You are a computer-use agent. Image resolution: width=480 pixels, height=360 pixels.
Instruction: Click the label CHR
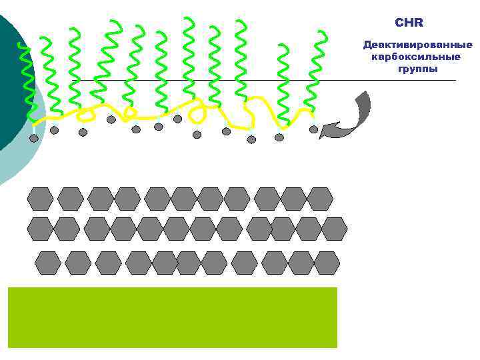[409, 23]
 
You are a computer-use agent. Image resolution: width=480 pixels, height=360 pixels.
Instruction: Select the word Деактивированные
[417, 45]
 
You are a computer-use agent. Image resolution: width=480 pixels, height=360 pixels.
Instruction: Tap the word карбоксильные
[416, 57]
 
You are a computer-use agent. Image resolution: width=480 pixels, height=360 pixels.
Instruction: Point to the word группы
[417, 69]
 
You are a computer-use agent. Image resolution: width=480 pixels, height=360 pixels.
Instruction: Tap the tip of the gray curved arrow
[321, 136]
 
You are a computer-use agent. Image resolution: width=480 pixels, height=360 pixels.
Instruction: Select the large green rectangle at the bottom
[172, 317]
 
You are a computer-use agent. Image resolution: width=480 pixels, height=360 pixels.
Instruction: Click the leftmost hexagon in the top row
[40, 199]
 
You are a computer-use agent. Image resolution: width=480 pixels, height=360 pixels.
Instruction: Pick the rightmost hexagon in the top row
[320, 199]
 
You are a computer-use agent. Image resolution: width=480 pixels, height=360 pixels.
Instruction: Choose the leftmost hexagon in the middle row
[40, 229]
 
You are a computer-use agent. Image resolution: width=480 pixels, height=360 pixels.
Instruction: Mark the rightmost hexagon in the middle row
[334, 229]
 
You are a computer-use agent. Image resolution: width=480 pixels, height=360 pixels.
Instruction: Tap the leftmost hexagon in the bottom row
[48, 263]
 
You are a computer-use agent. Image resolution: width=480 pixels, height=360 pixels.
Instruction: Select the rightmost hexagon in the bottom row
[327, 263]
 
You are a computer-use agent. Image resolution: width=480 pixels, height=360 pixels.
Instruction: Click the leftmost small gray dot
[34, 138]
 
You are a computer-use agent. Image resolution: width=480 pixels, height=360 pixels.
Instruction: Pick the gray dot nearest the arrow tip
[313, 129]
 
